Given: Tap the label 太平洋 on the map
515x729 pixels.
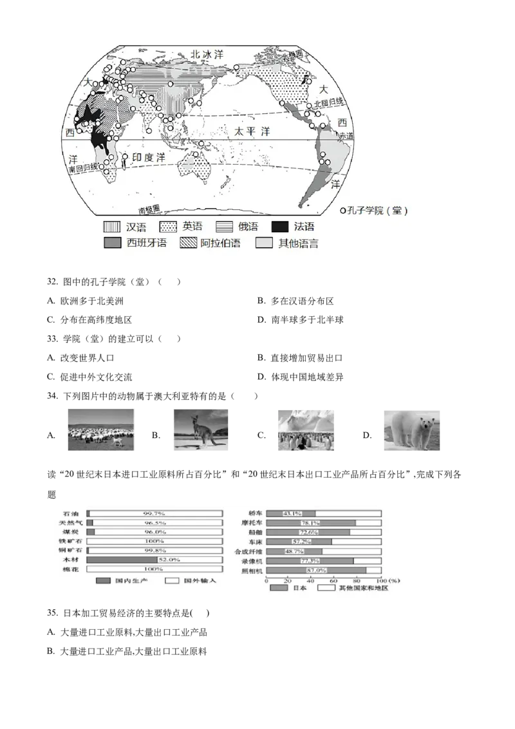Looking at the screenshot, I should tap(252, 131).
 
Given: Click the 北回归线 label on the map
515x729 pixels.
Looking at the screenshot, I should tap(329, 103).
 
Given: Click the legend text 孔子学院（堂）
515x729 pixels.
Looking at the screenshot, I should tap(377, 211).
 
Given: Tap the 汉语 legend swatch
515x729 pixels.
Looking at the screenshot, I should tap(113, 227).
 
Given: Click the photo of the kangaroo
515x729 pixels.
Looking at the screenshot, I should tap(200, 430).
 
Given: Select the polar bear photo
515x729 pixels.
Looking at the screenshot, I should tap(411, 430).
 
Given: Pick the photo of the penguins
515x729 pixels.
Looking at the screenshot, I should tap(303, 430).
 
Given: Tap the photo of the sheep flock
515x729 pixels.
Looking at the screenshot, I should tap(102, 430).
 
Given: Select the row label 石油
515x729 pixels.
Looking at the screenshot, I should tap(71, 513).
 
